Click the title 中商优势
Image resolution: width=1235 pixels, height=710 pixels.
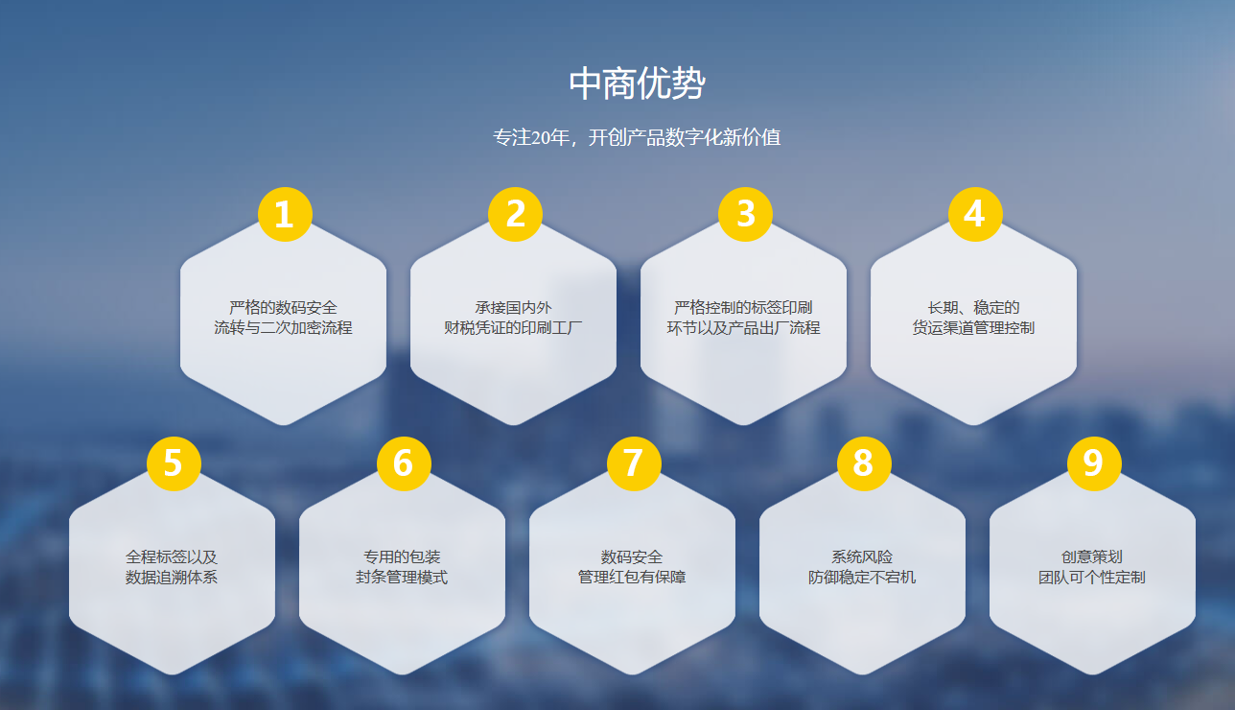point(637,83)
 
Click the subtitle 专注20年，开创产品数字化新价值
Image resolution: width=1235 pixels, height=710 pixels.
point(637,137)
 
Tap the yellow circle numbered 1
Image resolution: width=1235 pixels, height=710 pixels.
point(285,214)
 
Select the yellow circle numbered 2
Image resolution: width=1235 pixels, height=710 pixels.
point(515,214)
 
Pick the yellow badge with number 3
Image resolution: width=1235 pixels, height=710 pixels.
point(745,214)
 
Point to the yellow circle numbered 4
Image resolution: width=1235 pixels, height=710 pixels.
point(975,214)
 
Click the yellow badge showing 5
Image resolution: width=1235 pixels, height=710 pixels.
point(174,463)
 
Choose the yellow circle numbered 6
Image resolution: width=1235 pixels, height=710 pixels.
point(404,463)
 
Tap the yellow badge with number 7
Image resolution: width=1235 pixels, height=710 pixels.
point(634,463)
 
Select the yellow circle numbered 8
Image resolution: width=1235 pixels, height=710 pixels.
point(864,463)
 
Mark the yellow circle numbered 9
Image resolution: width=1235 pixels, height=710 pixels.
point(1094,463)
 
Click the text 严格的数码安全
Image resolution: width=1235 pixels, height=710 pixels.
point(283,307)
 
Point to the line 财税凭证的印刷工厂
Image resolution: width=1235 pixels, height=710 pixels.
point(513,328)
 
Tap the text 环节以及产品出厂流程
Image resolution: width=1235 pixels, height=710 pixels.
point(743,328)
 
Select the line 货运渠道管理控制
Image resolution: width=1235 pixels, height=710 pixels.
point(973,328)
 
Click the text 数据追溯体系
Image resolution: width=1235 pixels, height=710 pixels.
point(172,577)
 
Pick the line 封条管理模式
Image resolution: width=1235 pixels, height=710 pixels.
point(402,577)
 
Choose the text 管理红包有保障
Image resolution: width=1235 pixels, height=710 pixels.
point(632,577)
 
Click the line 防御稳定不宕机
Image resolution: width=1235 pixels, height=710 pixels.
point(862,577)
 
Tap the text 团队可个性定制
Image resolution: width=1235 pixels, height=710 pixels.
point(1091,577)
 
